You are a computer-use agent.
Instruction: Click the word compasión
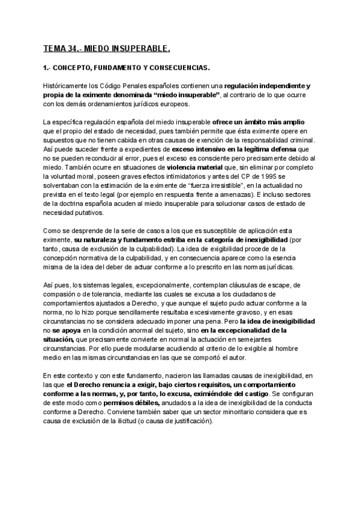(x=67, y=292)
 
